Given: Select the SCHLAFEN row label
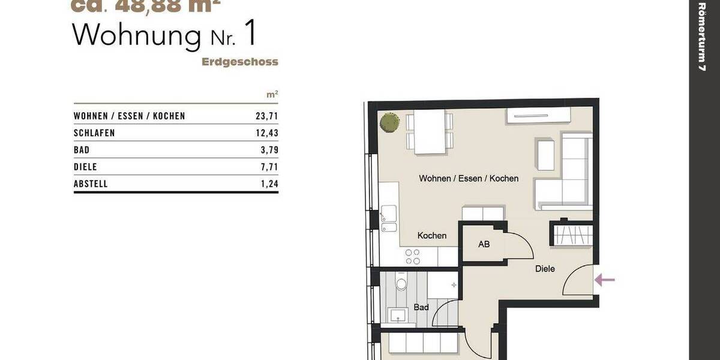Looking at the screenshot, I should (x=94, y=133).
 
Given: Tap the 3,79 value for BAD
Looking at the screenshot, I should (x=269, y=150).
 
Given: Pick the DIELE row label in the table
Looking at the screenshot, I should (x=85, y=167).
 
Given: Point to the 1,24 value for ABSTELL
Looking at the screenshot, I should (x=269, y=184).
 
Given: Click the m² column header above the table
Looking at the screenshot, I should (x=272, y=95).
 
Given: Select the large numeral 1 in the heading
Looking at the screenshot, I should (x=250, y=35).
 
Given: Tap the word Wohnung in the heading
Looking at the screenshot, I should (x=137, y=36).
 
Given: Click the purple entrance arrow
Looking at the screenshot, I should (x=605, y=279).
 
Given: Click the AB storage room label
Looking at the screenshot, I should (x=484, y=245).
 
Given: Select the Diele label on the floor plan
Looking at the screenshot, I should (x=545, y=269).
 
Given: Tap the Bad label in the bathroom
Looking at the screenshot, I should (x=421, y=307).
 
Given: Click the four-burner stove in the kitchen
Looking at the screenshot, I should (x=412, y=257).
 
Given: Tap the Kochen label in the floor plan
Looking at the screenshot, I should (x=432, y=236).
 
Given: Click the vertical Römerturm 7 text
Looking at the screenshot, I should (x=702, y=37).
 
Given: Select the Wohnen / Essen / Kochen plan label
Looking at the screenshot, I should (x=469, y=178).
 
